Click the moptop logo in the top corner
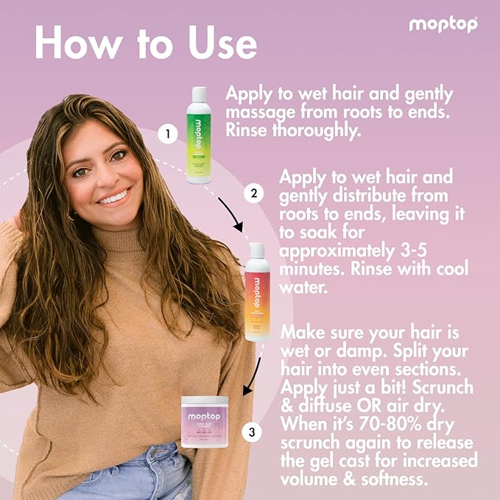(443, 25)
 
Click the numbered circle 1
(168, 135)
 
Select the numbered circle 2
(253, 194)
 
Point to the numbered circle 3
(253, 432)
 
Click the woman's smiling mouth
(113, 197)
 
